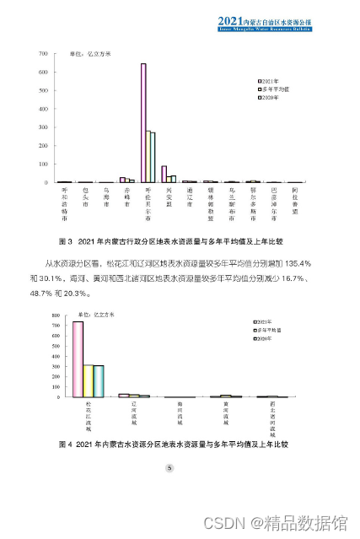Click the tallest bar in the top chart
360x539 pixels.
pos(143,123)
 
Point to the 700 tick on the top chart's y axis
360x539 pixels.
pos(40,55)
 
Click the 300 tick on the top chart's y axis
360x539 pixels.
pos(40,127)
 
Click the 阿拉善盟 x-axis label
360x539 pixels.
pos(294,199)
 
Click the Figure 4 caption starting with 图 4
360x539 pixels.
pos(169,442)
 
